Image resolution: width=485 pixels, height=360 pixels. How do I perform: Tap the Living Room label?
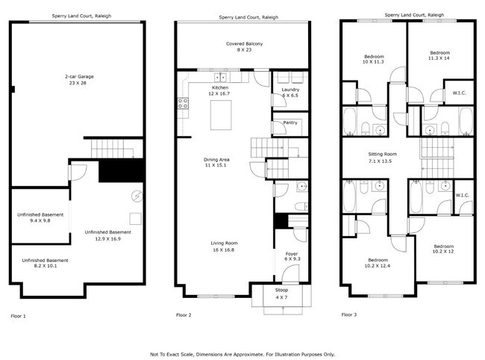tap(222, 246)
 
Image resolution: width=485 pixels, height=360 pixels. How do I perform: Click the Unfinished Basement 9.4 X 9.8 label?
tap(40, 218)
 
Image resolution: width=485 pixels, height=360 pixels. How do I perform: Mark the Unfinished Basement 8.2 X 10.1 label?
tap(45, 263)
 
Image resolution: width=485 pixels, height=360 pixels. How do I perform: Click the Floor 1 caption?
tap(18, 316)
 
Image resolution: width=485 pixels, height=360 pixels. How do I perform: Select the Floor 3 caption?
tap(348, 315)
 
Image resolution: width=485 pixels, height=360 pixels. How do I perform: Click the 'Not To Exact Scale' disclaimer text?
tap(242, 354)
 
